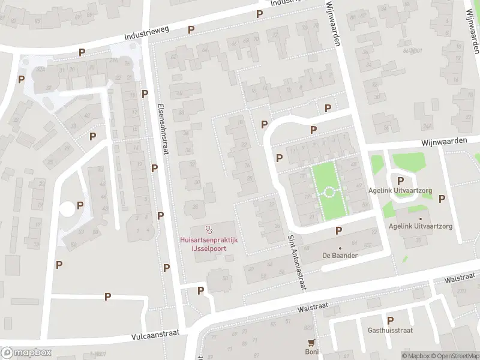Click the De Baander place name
point(340,256)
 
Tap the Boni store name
point(311,352)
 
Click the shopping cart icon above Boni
point(311,343)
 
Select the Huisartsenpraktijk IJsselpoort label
point(209,244)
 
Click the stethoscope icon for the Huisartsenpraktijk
point(209,229)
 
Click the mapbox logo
point(26,353)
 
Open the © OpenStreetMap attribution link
point(454,356)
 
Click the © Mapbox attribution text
point(415,356)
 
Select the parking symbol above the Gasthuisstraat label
point(391,320)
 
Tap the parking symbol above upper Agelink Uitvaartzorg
point(401,181)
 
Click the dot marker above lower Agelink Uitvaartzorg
point(421,218)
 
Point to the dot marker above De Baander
point(340,248)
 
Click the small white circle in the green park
point(329,193)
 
